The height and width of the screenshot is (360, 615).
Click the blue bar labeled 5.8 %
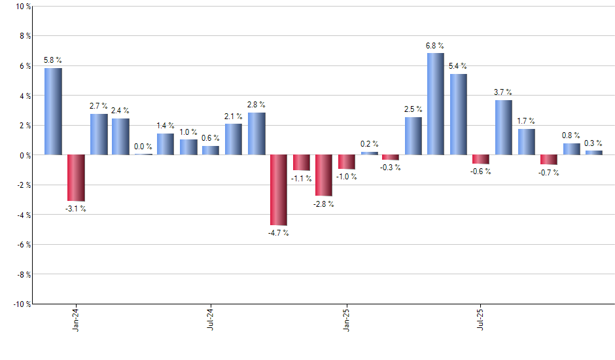(53, 111)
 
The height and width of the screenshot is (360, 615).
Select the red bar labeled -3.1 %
(76, 177)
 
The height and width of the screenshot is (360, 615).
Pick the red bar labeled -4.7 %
(279, 190)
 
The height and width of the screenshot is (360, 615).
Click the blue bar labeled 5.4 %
(458, 115)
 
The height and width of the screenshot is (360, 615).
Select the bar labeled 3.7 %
(503, 127)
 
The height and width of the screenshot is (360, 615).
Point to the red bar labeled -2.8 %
(324, 175)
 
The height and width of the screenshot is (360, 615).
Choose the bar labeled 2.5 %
(413, 136)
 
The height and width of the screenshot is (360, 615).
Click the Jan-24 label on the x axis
(76, 318)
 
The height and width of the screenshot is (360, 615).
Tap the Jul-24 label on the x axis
(211, 318)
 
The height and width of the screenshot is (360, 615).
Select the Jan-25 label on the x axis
(346, 318)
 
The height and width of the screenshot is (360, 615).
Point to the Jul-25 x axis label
(481, 318)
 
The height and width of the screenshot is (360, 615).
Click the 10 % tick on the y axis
(22, 7)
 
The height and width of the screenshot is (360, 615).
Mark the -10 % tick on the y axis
(20, 304)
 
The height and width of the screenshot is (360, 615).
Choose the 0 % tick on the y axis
(24, 155)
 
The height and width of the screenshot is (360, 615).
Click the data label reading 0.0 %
(143, 147)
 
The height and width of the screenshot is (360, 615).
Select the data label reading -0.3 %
(391, 168)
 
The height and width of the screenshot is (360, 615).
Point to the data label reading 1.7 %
(526, 121)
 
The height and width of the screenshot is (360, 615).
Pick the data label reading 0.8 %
(571, 135)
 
